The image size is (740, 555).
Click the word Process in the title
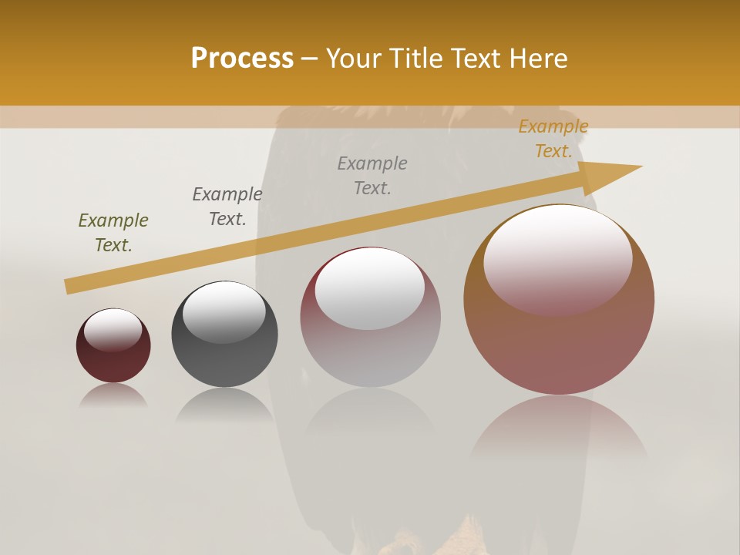click(x=242, y=59)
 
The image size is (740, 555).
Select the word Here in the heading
click(x=537, y=59)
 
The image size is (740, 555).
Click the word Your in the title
click(x=353, y=59)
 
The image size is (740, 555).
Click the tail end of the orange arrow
click(x=69, y=287)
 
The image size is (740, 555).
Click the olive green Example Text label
click(x=113, y=233)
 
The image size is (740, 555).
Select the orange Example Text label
click(x=553, y=139)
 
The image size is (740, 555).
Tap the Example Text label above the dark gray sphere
click(x=227, y=207)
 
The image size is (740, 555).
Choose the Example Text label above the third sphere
click(x=372, y=176)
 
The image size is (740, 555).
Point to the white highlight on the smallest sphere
click(x=113, y=329)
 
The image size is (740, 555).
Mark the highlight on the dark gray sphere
click(x=224, y=311)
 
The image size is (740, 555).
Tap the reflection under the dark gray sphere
click(x=224, y=405)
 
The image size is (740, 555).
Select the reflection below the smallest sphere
click(x=113, y=395)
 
